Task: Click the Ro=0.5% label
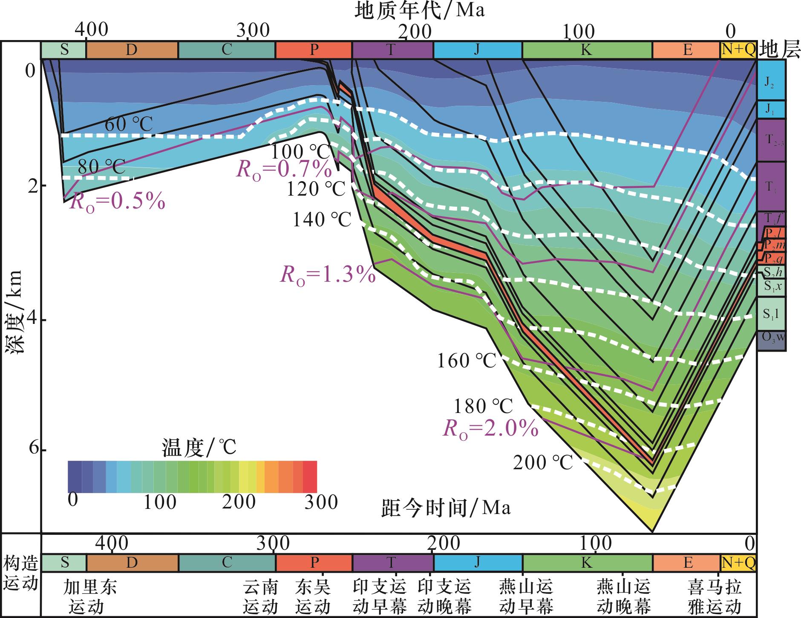[117, 202]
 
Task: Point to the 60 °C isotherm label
[128, 124]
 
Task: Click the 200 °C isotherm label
[543, 462]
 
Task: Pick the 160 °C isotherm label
[467, 361]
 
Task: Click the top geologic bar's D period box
[132, 50]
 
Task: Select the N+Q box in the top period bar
[738, 50]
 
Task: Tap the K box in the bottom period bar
[587, 563]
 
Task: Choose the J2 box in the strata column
[771, 80]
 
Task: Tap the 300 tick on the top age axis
[253, 31]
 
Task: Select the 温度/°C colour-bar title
[199, 448]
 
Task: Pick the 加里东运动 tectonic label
[89, 597]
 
